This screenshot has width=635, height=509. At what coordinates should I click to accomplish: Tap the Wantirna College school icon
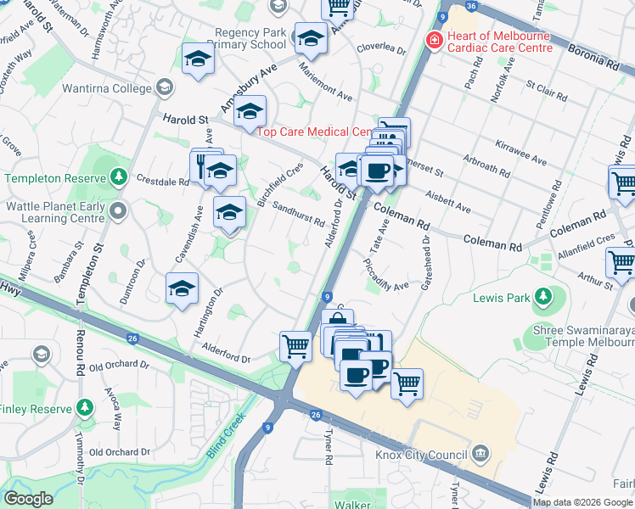(x=164, y=87)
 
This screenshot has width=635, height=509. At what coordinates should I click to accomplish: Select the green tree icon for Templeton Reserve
(x=120, y=177)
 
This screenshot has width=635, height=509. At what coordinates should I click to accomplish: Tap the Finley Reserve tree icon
(x=83, y=408)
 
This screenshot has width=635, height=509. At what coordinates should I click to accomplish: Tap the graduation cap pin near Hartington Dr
(x=182, y=288)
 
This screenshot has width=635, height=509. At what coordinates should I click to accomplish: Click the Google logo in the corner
(x=29, y=498)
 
